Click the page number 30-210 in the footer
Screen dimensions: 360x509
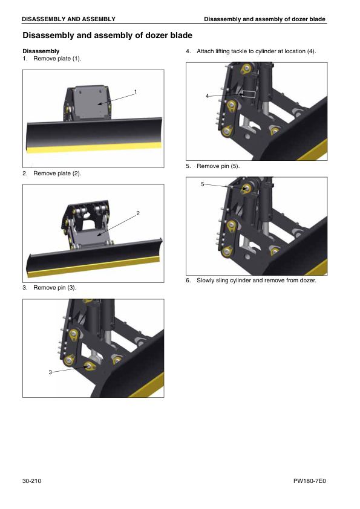(x=31, y=481)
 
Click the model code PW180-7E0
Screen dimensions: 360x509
(x=309, y=481)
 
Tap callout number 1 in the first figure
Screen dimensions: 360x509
(x=136, y=92)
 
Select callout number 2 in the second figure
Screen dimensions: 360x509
(x=138, y=213)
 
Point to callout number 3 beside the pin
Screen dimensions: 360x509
(x=50, y=372)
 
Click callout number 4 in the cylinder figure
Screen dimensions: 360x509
(x=207, y=96)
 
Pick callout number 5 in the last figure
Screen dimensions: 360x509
(x=203, y=184)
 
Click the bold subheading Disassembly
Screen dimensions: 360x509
(x=41, y=51)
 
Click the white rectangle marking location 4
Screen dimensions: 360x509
(x=249, y=94)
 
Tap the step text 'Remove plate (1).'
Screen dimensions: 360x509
(x=57, y=59)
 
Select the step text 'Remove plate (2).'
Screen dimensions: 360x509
(x=57, y=173)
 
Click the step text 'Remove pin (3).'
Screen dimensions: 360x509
(x=55, y=288)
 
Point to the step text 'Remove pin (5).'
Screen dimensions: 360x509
(x=218, y=166)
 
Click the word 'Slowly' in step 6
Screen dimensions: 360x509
(x=205, y=280)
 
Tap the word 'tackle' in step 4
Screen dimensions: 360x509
(x=238, y=51)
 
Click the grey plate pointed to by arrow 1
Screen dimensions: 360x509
(x=90, y=102)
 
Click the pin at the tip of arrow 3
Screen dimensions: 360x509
(x=89, y=366)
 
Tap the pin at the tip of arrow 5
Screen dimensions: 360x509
(x=247, y=188)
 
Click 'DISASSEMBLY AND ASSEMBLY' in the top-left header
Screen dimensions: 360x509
(x=68, y=19)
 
